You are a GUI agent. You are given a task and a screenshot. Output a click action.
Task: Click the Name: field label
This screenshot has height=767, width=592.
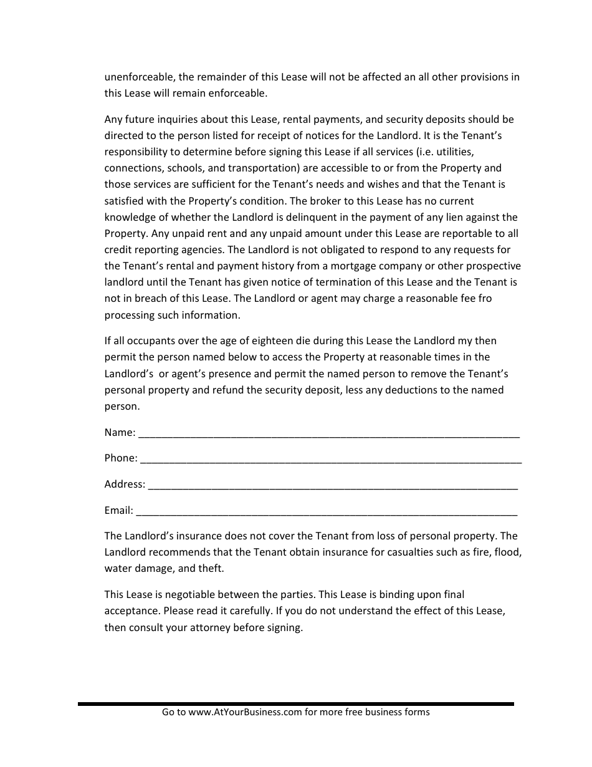pos(119,432)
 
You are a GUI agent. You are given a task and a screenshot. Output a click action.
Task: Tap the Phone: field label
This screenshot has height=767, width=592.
pos(120,458)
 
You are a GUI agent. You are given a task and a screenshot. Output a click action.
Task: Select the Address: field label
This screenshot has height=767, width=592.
pos(125,484)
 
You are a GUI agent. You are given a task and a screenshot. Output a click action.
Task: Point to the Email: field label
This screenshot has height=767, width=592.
pos(118,510)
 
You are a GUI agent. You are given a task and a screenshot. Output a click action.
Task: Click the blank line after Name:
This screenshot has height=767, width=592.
pos(328,435)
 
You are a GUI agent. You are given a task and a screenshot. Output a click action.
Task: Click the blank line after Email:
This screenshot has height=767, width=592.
pos(326,513)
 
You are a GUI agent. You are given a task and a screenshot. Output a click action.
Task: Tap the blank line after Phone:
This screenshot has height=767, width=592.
pos(331,460)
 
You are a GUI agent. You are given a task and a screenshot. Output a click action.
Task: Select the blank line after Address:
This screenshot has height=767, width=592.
pos(333,486)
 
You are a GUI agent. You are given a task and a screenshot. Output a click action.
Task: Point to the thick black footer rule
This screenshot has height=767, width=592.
pos(296,703)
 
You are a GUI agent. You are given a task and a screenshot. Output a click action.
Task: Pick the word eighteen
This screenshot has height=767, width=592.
pos(259,340)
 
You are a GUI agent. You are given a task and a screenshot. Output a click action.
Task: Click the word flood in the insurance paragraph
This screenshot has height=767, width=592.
pos(507,552)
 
